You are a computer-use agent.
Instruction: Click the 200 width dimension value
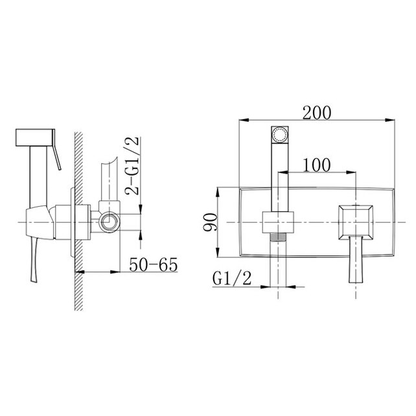[x=318, y=111]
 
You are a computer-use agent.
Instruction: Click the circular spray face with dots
[x=279, y=135]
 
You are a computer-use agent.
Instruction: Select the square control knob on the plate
[x=354, y=222]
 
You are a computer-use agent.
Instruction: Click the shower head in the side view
[x=36, y=138]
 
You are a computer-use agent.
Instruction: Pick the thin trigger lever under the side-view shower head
[x=56, y=159]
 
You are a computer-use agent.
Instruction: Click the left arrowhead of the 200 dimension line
[x=243, y=120]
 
